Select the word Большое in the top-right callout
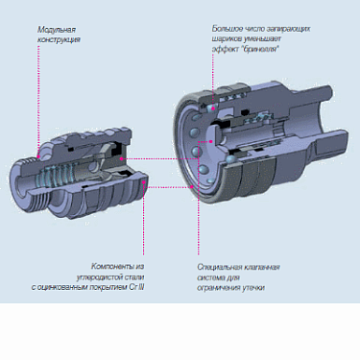tap(228, 30)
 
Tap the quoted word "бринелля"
tap(260, 49)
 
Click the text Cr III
tap(134, 287)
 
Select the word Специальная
tap(217, 266)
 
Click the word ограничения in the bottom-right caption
tap(217, 287)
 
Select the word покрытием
tap(107, 287)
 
